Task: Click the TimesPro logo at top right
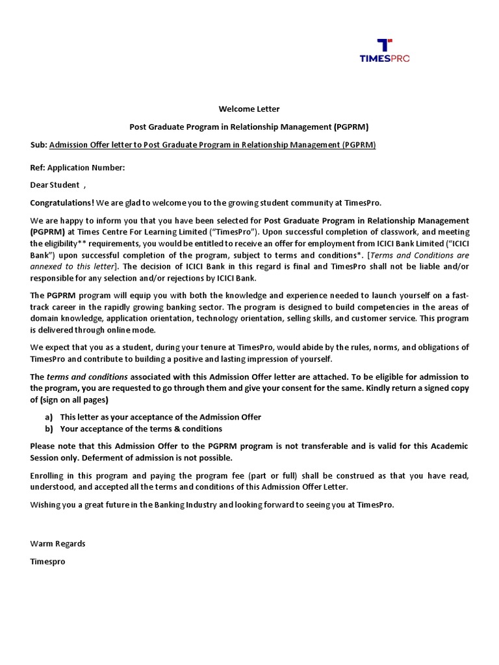(385, 51)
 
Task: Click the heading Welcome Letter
(249, 109)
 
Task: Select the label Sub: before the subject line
(39, 145)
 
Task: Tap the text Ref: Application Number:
(77, 168)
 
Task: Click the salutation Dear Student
(55, 185)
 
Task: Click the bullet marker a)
(49, 417)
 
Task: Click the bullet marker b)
(49, 429)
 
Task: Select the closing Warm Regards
(58, 544)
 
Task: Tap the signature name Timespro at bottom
(47, 561)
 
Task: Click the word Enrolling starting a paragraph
(49, 475)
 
